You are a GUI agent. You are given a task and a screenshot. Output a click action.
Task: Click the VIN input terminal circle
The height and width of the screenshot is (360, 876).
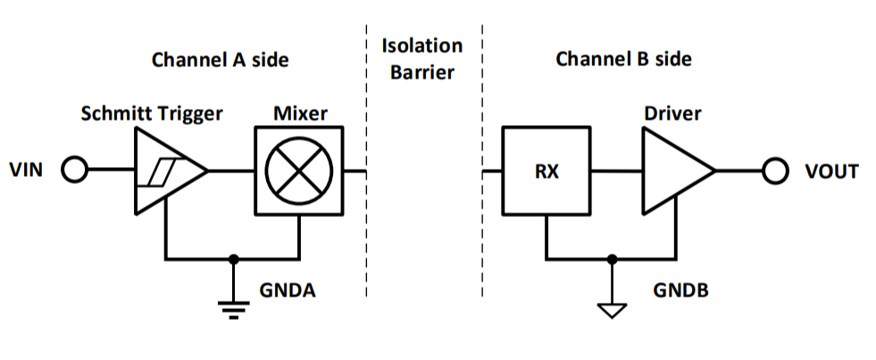(x=74, y=170)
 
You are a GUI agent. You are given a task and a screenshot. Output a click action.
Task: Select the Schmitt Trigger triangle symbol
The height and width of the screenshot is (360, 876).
(x=166, y=170)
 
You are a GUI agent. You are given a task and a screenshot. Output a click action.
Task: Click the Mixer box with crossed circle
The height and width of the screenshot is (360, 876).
(x=299, y=170)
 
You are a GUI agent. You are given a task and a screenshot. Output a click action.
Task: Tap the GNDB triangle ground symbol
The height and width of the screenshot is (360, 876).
(x=613, y=310)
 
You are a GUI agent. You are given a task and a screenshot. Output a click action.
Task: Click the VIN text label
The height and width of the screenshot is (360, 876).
(x=28, y=171)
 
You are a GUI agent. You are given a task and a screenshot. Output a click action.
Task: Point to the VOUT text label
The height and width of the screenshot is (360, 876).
(x=830, y=171)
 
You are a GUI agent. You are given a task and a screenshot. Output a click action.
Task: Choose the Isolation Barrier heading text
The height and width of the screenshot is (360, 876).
(x=422, y=59)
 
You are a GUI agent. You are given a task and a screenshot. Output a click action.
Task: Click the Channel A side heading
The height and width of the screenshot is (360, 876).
(x=221, y=60)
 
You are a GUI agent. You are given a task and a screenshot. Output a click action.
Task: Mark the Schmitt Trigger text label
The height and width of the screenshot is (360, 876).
(x=151, y=113)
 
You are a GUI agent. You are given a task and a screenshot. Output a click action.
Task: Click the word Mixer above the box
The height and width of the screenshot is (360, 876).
(x=299, y=113)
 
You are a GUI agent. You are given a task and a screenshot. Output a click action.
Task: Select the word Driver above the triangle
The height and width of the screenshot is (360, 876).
(x=672, y=113)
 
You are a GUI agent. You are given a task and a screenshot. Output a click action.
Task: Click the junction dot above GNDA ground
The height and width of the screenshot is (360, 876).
(x=234, y=259)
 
